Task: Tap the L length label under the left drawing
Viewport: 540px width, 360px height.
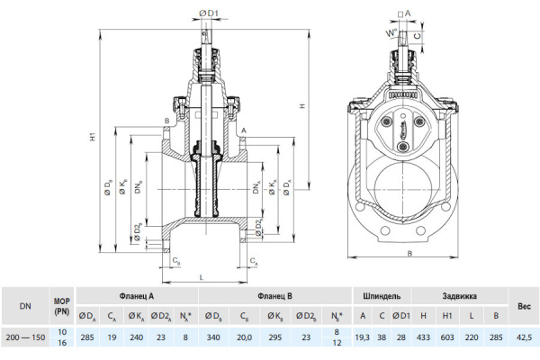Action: point(200,277)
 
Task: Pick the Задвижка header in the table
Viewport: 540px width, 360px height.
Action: point(459,296)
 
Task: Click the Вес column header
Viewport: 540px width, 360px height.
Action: point(523,306)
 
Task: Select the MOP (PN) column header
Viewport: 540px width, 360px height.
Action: point(61,306)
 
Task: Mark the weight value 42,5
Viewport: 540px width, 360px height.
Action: point(523,337)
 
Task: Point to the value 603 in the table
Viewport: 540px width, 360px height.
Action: point(446,337)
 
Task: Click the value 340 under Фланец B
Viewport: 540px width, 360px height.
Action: point(214,337)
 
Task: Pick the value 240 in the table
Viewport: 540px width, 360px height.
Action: point(137,337)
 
